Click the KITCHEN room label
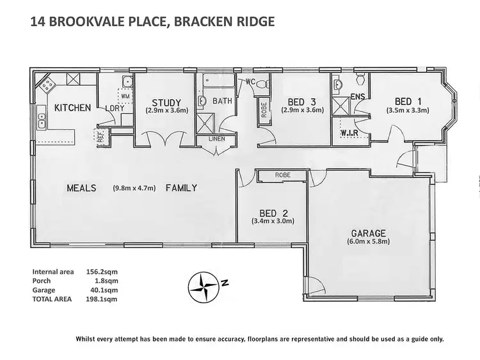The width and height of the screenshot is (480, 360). [72, 107]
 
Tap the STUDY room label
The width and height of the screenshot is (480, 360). [166, 102]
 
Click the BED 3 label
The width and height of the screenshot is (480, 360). [302, 102]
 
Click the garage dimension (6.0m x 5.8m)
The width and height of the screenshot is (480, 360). [368, 242]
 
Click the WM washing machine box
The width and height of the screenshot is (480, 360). [125, 95]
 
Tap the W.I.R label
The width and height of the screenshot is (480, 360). [349, 133]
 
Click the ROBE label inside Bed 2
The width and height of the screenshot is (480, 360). [282, 175]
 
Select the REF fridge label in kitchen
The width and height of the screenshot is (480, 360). [100, 134]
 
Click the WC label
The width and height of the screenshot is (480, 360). [251, 81]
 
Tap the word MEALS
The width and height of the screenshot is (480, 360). [81, 188]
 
